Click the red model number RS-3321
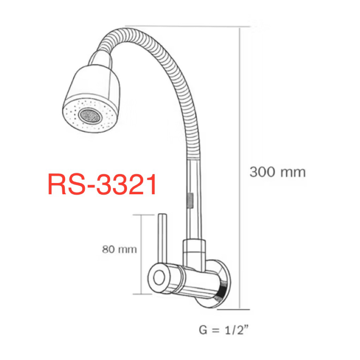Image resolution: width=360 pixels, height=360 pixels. (102, 184)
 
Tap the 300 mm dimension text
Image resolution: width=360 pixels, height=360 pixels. (278, 172)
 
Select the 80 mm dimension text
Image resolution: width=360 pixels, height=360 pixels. (119, 249)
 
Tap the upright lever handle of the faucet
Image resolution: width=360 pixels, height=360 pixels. (162, 239)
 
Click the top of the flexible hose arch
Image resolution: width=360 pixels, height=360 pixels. (126, 31)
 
